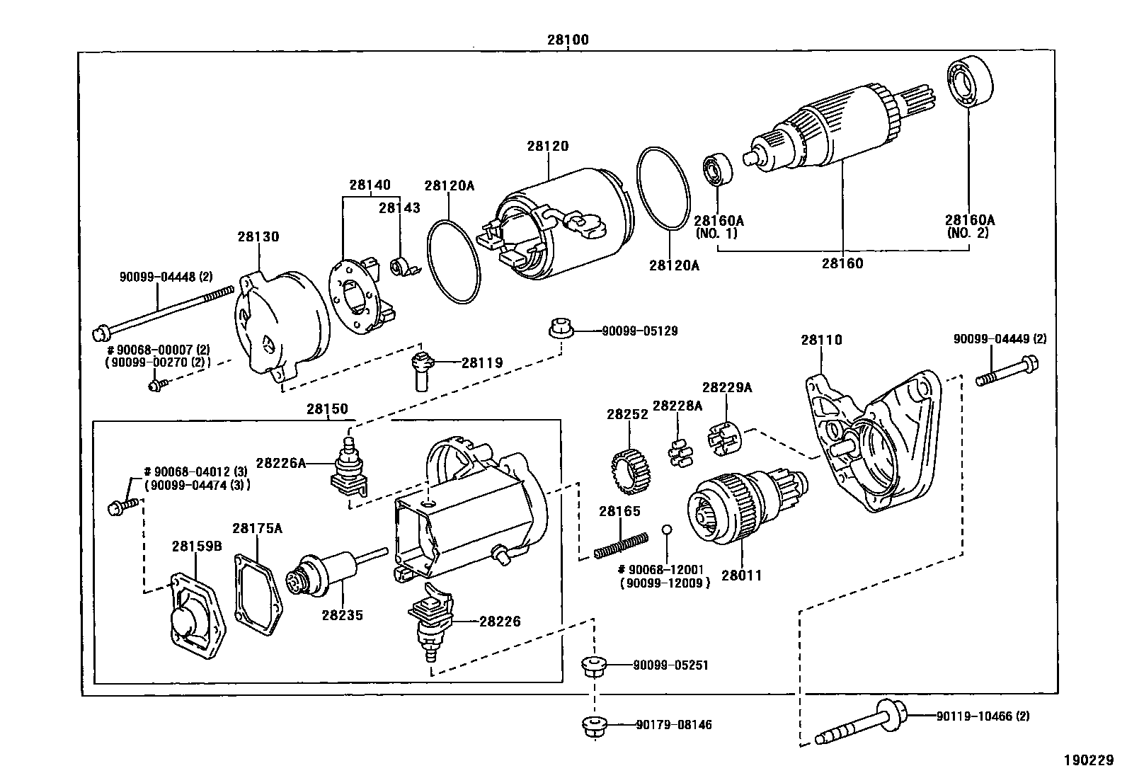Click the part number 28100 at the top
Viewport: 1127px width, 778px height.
pyautogui.click(x=567, y=40)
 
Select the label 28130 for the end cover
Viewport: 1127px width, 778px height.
pyautogui.click(x=258, y=236)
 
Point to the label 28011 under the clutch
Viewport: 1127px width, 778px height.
pyautogui.click(x=742, y=576)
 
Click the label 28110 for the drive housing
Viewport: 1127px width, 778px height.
pyautogui.click(x=821, y=340)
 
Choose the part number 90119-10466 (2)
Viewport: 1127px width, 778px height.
pyautogui.click(x=983, y=716)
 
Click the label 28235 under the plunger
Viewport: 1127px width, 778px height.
pyautogui.click(x=342, y=615)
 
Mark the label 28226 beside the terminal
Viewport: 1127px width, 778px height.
pyautogui.click(x=500, y=622)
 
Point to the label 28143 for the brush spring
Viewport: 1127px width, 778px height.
pyautogui.click(x=399, y=207)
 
